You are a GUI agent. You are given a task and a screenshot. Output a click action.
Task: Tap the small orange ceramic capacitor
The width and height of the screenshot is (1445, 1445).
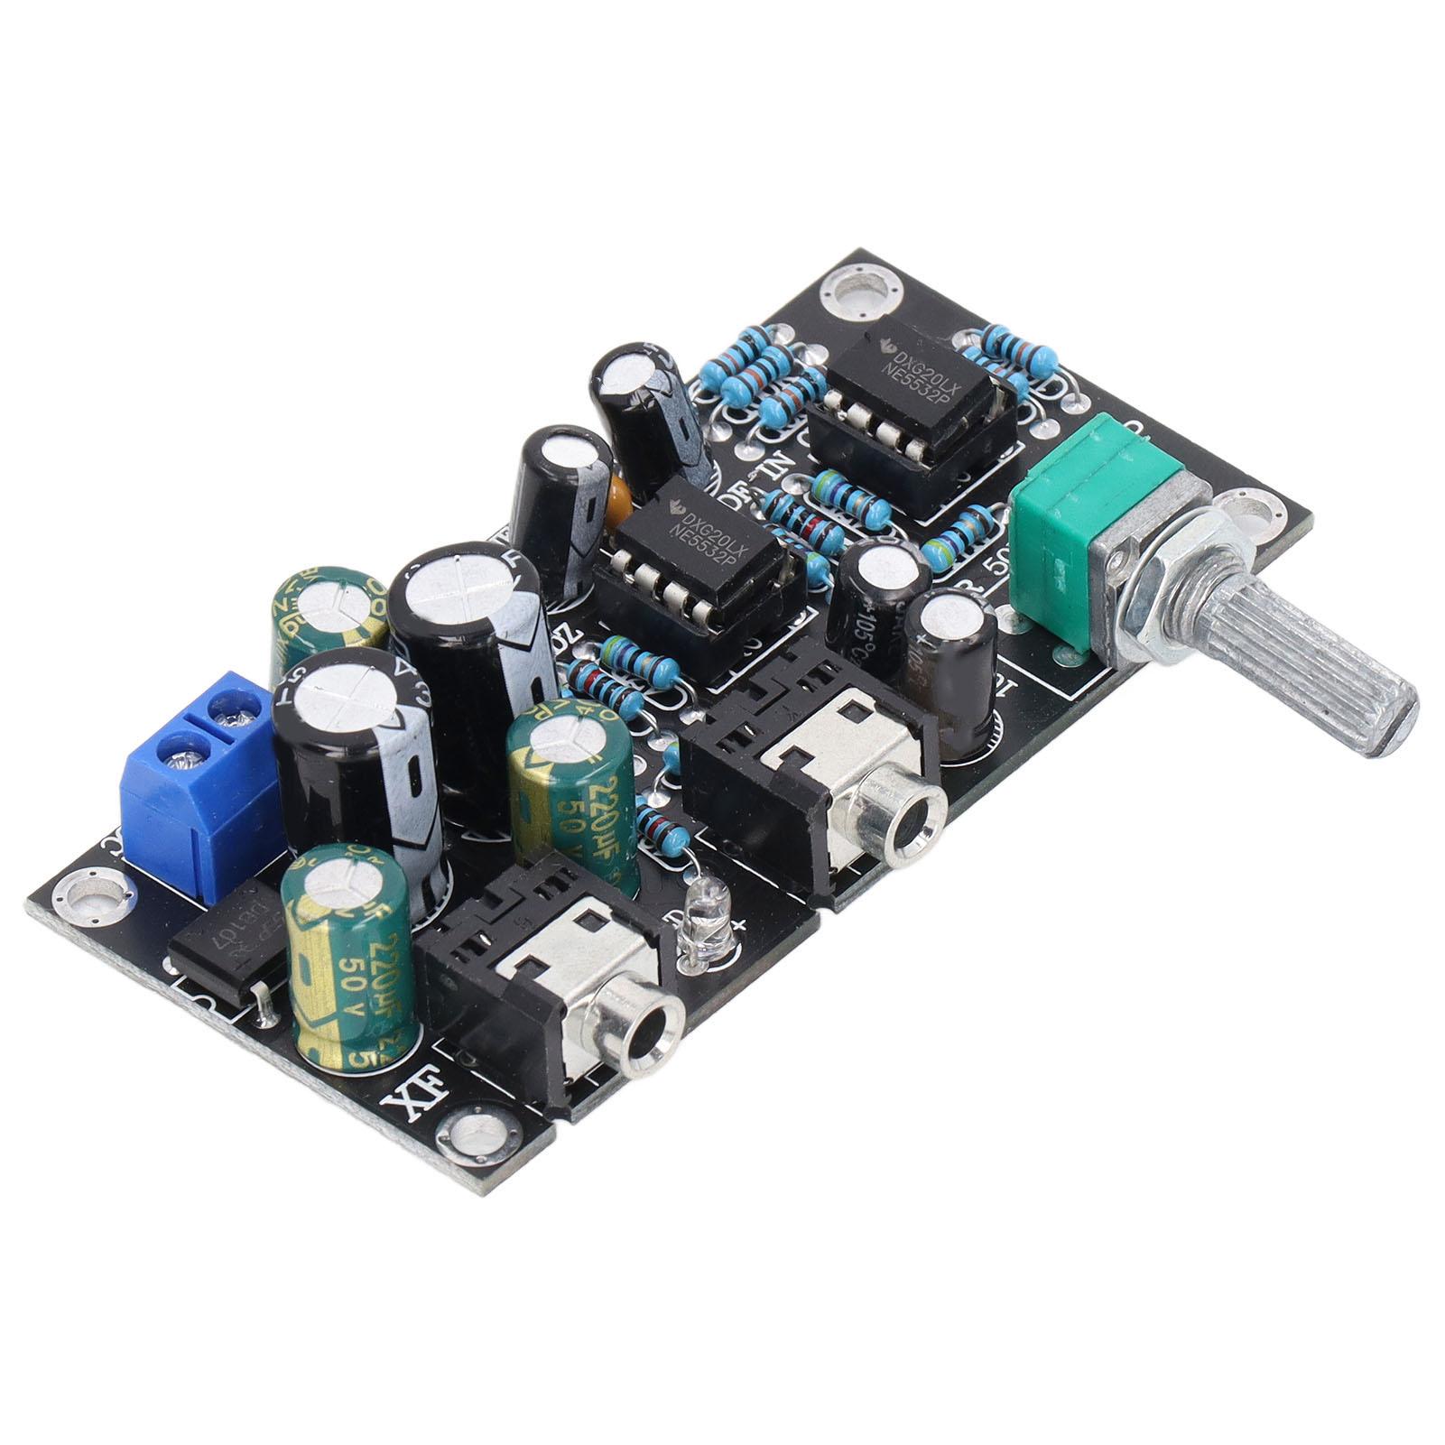pos(620,495)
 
